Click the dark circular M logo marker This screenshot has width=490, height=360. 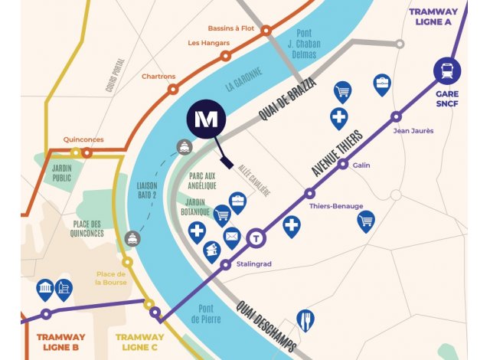(x=204, y=121)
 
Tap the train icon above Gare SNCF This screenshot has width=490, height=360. (x=446, y=72)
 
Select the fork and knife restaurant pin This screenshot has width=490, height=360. (x=305, y=319)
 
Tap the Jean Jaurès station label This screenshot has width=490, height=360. (x=413, y=130)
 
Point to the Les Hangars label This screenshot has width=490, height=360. (x=204, y=43)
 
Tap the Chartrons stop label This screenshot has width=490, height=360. (x=159, y=77)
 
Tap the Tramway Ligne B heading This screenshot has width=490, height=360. (x=60, y=342)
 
